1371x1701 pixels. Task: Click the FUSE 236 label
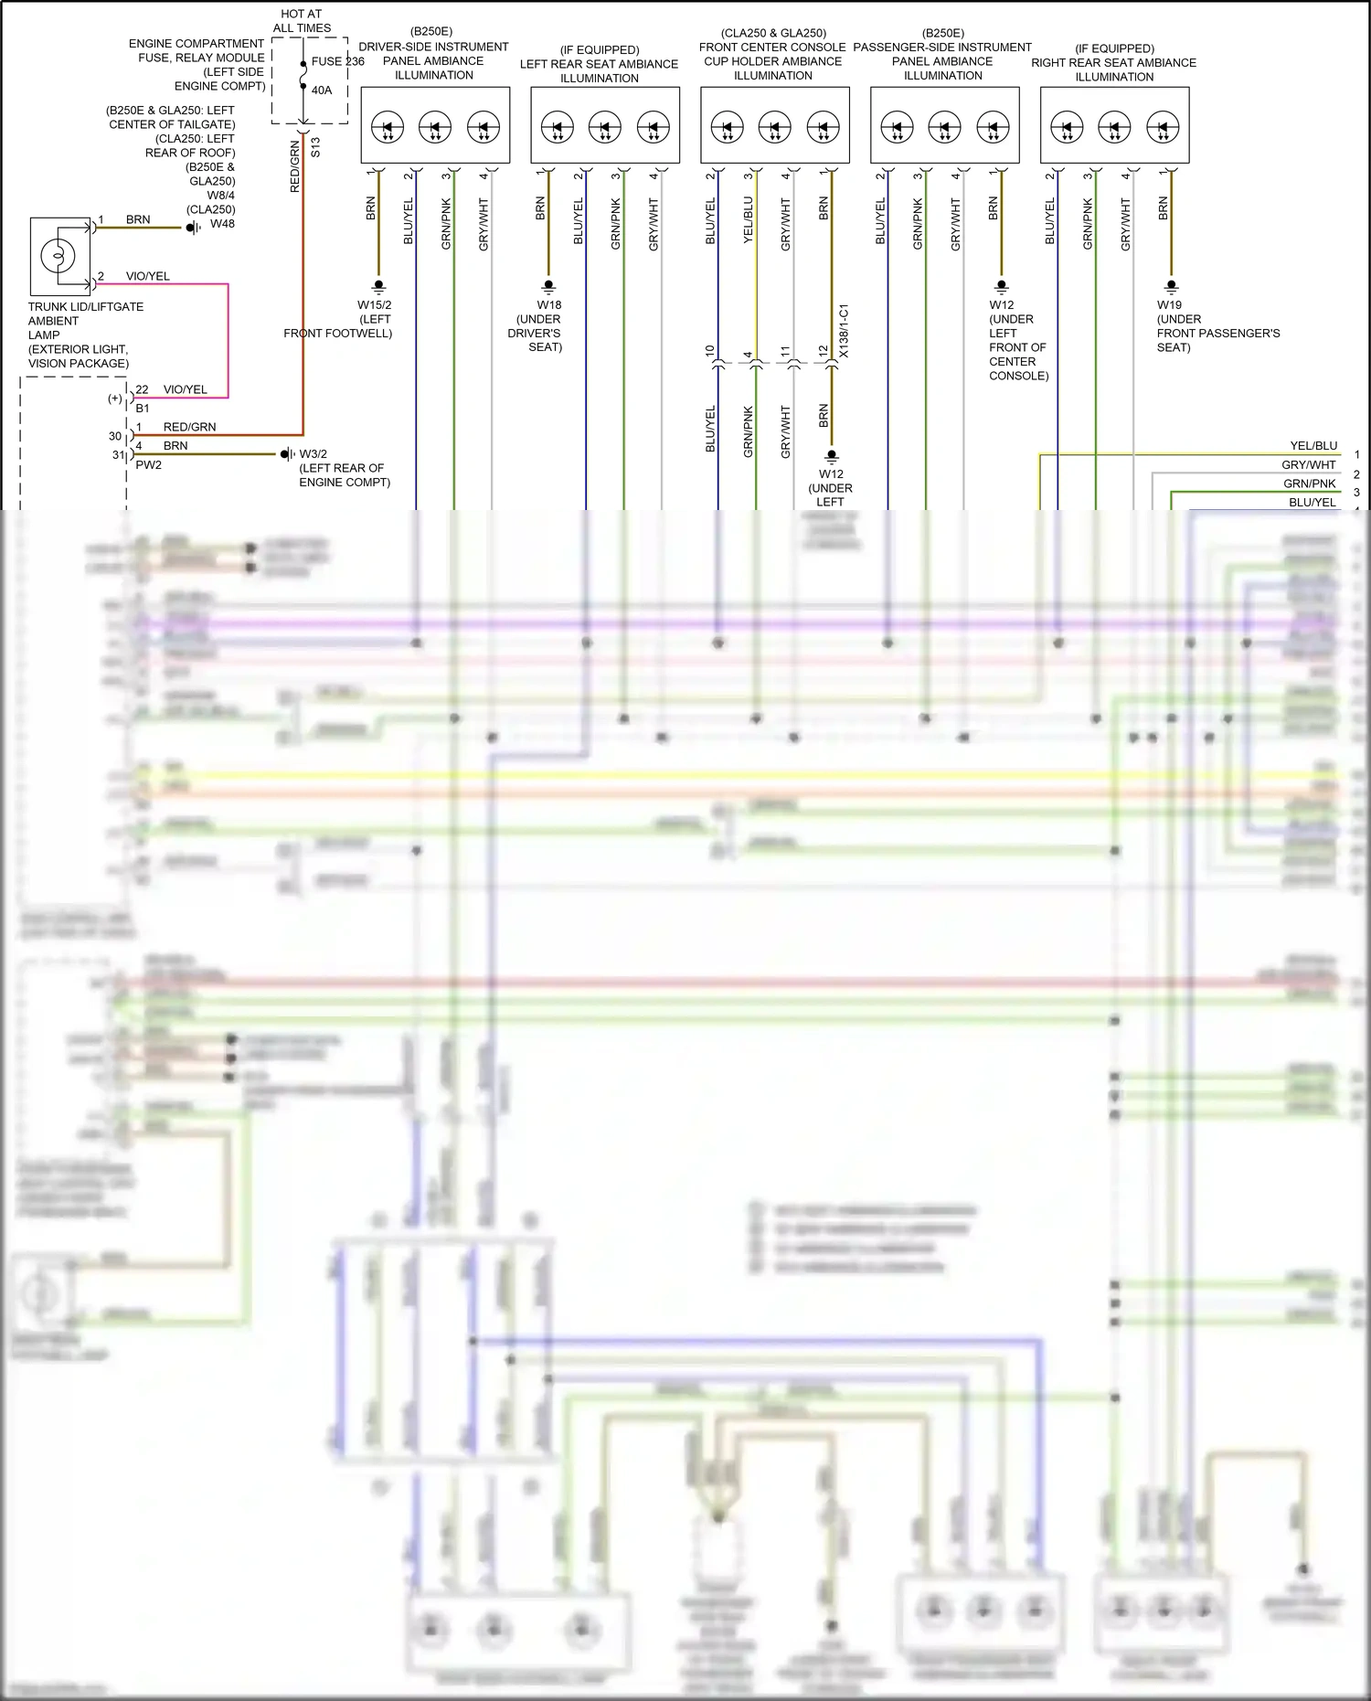(337, 61)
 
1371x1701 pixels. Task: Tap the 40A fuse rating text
(322, 90)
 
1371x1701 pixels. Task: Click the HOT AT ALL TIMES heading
(302, 21)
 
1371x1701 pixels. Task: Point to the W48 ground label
(222, 223)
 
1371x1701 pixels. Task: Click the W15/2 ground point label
(374, 304)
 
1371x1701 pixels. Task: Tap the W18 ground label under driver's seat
(548, 304)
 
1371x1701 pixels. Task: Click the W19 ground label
(1169, 304)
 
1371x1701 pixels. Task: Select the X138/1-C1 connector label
(844, 331)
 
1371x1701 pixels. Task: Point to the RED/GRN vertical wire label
(294, 166)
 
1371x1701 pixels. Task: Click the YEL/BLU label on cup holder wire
(748, 219)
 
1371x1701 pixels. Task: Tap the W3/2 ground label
(314, 453)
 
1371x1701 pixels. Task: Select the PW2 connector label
(148, 465)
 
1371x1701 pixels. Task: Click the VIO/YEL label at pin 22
(185, 389)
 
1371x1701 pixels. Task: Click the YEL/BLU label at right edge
(1313, 446)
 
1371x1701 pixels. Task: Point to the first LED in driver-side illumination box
(388, 126)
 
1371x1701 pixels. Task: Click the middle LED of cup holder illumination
(774, 126)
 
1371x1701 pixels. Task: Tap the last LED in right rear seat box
(1162, 126)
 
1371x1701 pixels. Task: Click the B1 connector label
(142, 408)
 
